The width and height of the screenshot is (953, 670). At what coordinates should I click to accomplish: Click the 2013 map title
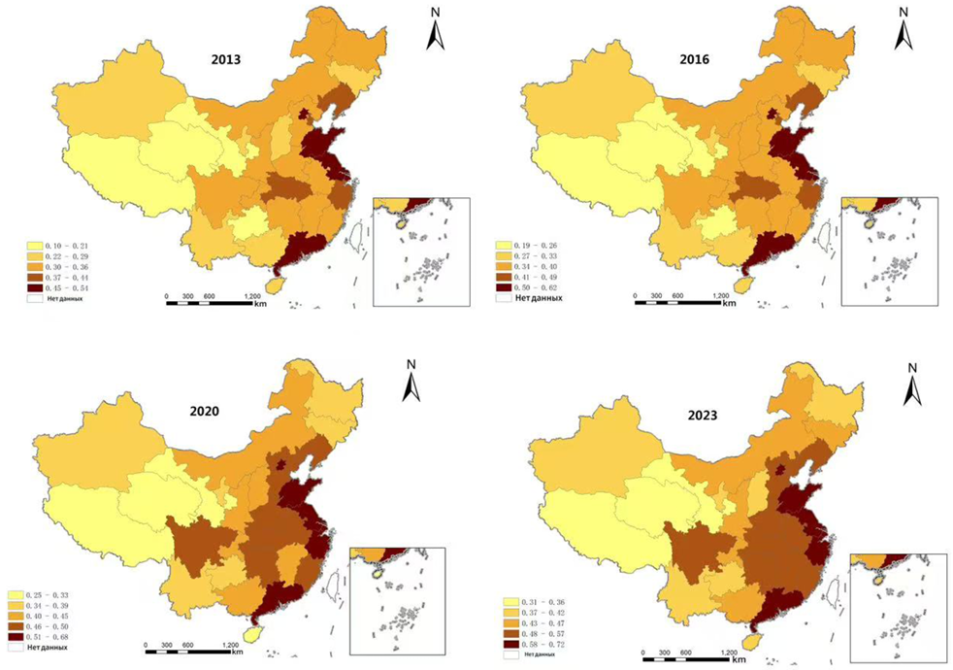pos(226,59)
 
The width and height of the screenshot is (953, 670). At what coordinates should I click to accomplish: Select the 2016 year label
pos(694,59)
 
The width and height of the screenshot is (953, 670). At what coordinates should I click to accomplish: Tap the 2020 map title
pos(202,411)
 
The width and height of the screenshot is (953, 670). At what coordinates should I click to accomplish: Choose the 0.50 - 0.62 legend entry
pos(524,288)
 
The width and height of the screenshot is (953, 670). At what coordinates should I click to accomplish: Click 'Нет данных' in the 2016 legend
pos(527,299)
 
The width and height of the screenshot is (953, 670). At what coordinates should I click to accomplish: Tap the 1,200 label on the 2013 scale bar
pos(251,296)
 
